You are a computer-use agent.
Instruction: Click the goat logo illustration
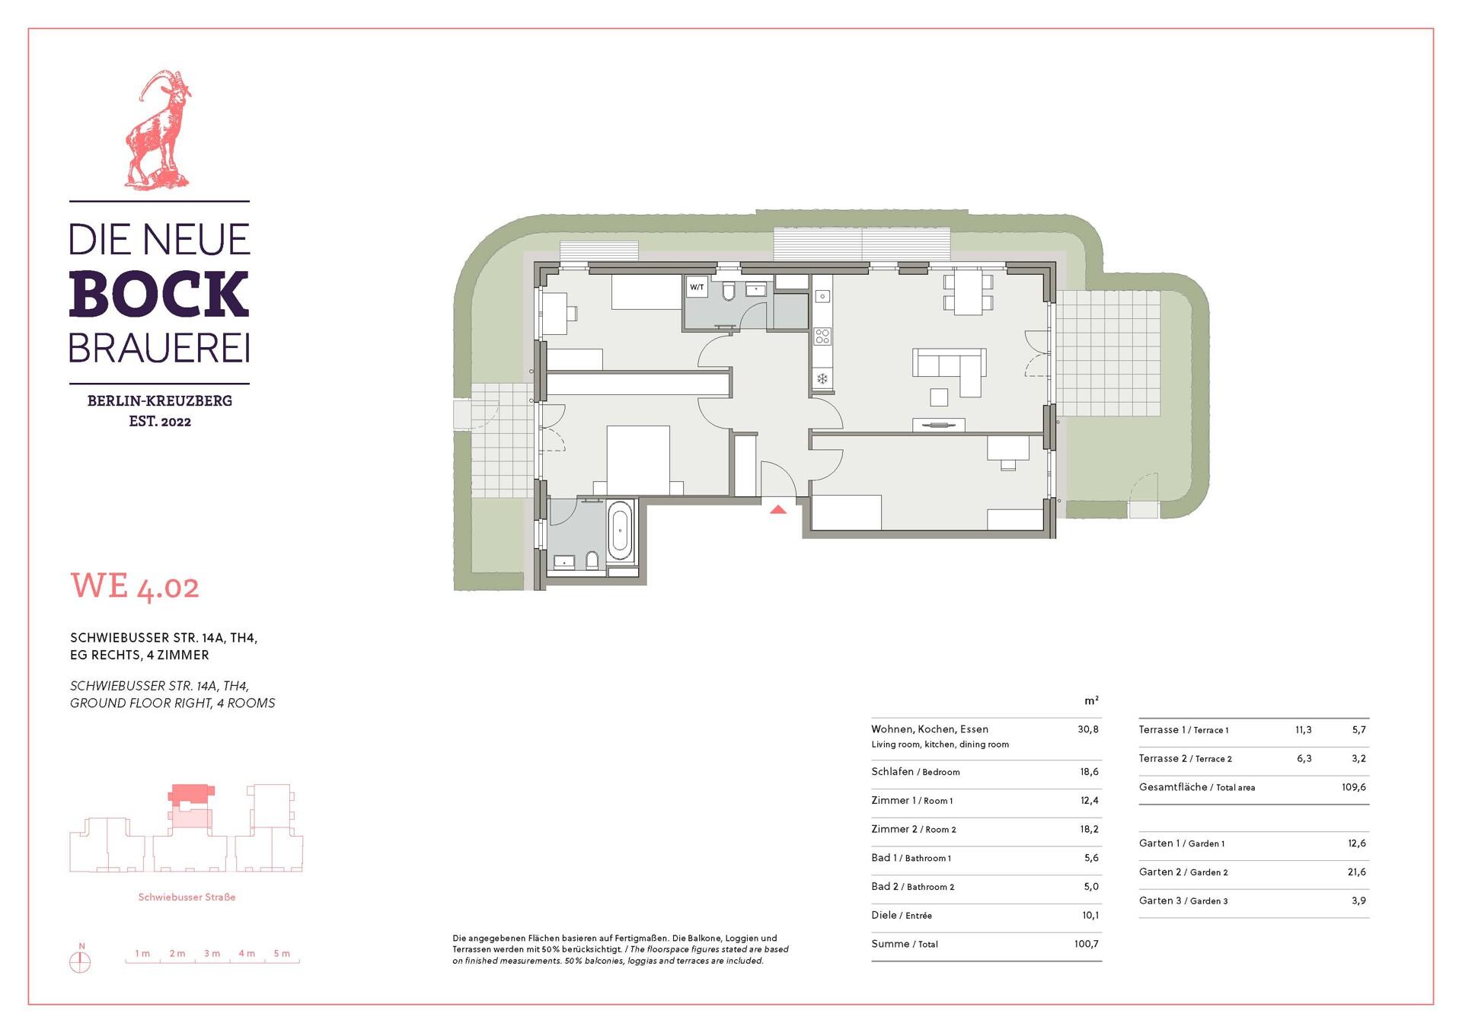[x=158, y=130]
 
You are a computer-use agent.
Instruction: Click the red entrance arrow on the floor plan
[x=777, y=509]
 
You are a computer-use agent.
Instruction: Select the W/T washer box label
[x=697, y=288]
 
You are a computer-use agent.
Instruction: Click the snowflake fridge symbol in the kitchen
[x=822, y=378]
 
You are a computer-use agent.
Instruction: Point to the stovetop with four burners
[x=822, y=336]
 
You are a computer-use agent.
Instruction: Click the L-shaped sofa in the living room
[x=949, y=371]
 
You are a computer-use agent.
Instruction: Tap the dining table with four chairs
[x=968, y=293]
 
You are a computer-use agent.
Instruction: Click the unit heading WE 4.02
[x=135, y=587]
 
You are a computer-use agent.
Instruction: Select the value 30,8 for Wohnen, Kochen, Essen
[x=1088, y=729]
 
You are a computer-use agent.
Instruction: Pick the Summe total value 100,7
[x=1087, y=944]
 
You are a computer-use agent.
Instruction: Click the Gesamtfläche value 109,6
[x=1354, y=787]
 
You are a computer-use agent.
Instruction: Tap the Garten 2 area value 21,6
[x=1357, y=872]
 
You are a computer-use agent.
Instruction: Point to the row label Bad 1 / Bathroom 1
[x=911, y=858]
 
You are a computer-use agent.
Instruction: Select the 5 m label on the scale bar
[x=282, y=954]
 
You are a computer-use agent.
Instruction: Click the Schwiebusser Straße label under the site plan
[x=187, y=897]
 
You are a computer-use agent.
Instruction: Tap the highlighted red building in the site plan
[x=190, y=795]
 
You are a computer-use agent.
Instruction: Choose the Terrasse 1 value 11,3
[x=1304, y=730]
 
